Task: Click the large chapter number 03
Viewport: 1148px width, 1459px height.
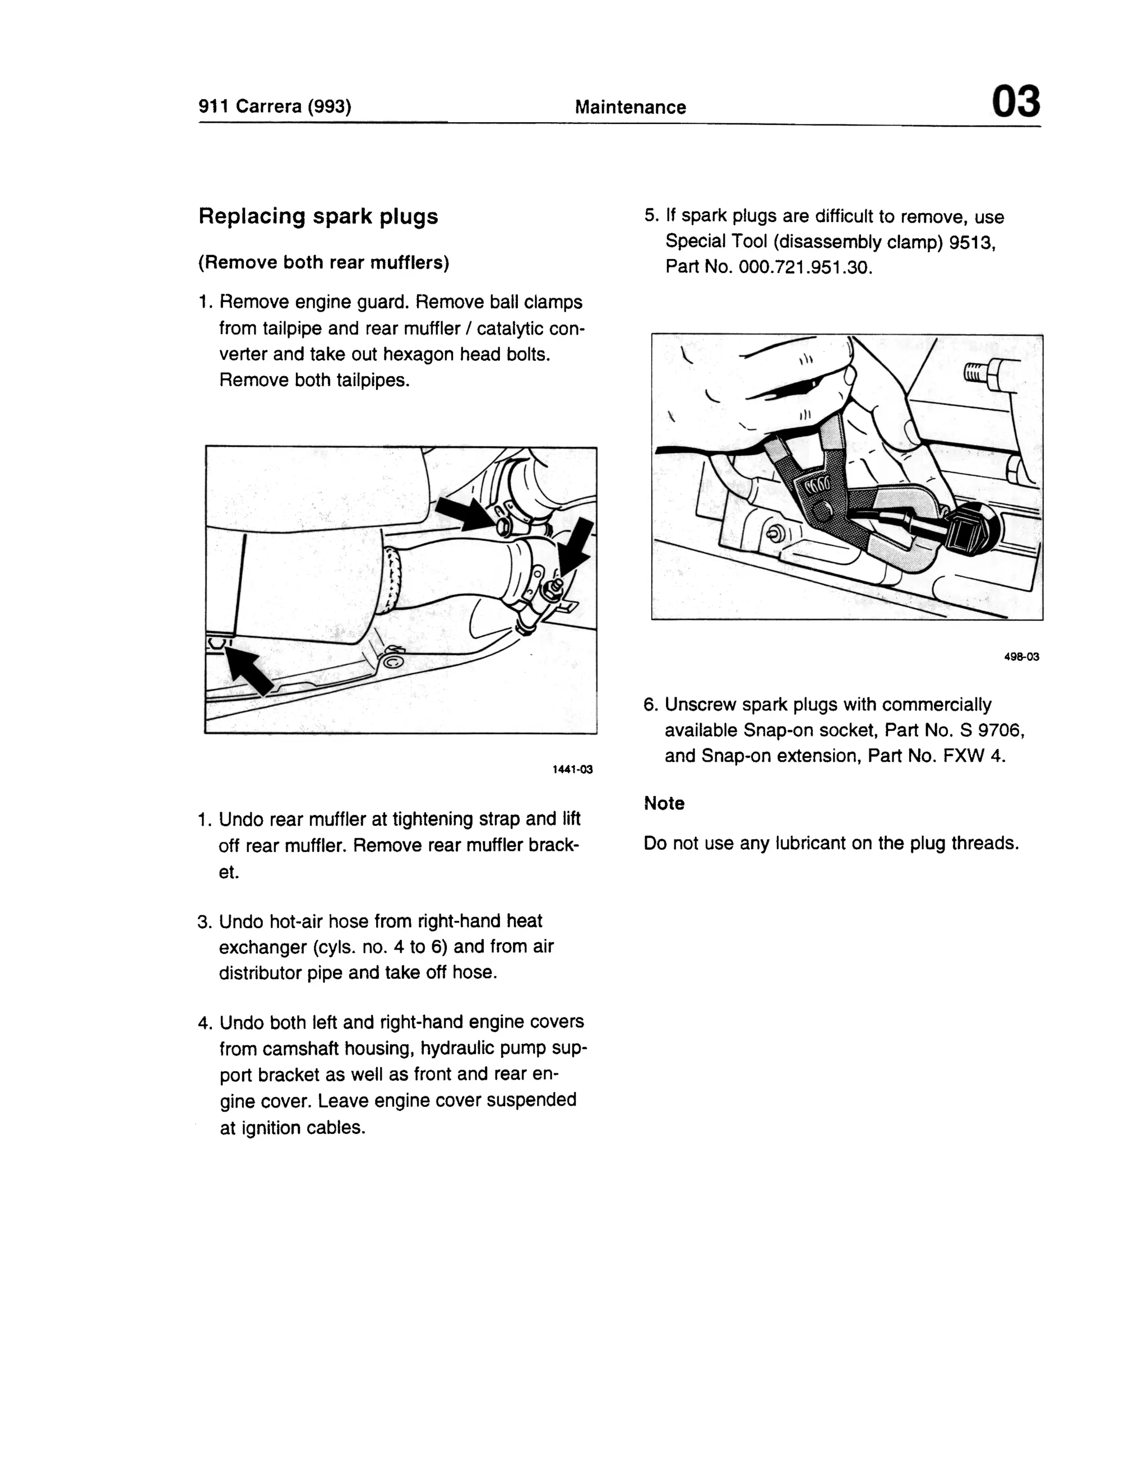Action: click(x=1015, y=103)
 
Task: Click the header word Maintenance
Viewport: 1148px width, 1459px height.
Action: click(x=630, y=108)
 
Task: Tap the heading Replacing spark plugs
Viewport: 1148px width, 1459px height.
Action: click(x=318, y=216)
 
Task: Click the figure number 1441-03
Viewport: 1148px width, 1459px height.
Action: click(x=572, y=770)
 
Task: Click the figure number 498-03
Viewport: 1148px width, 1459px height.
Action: click(x=1021, y=656)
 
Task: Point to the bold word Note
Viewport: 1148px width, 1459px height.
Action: click(x=663, y=803)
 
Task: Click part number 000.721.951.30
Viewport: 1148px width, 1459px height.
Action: click(x=804, y=267)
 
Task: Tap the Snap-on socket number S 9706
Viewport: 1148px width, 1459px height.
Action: click(x=993, y=730)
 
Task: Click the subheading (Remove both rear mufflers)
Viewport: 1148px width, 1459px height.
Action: click(x=323, y=263)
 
